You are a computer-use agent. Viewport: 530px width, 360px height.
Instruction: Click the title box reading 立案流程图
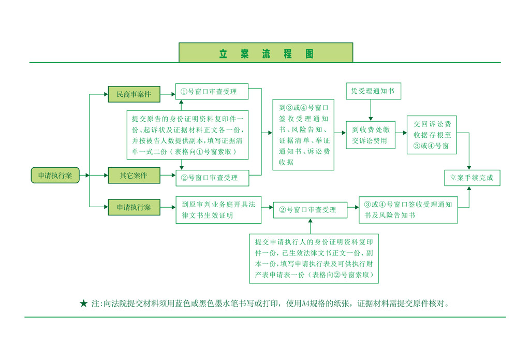tap(266, 53)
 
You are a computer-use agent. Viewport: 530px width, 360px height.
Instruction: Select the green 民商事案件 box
tap(134, 94)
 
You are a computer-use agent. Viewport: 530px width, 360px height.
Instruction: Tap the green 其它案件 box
tap(134, 176)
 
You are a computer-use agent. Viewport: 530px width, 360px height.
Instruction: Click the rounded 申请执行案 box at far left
tap(55, 176)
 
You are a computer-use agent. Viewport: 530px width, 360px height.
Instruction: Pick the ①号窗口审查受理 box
tap(212, 92)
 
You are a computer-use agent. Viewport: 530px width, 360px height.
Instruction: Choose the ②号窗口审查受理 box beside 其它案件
tap(212, 178)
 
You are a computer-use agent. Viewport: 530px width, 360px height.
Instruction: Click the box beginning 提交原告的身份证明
tap(188, 135)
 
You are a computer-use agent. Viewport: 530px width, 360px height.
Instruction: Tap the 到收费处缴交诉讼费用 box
tap(373, 135)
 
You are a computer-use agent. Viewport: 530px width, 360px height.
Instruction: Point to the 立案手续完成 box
tap(472, 178)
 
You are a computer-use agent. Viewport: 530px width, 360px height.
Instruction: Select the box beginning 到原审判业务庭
tap(215, 210)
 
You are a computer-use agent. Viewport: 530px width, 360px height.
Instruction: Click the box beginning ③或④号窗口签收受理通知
tap(408, 210)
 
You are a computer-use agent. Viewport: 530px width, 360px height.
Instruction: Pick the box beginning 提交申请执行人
tap(314, 258)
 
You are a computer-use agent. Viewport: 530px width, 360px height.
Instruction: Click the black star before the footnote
tap(84, 304)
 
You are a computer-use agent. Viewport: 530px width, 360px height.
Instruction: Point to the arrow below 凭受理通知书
tap(371, 110)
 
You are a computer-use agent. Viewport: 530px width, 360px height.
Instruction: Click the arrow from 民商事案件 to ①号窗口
tap(167, 94)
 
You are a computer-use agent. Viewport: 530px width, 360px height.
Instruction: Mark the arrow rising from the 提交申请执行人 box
tap(311, 227)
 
